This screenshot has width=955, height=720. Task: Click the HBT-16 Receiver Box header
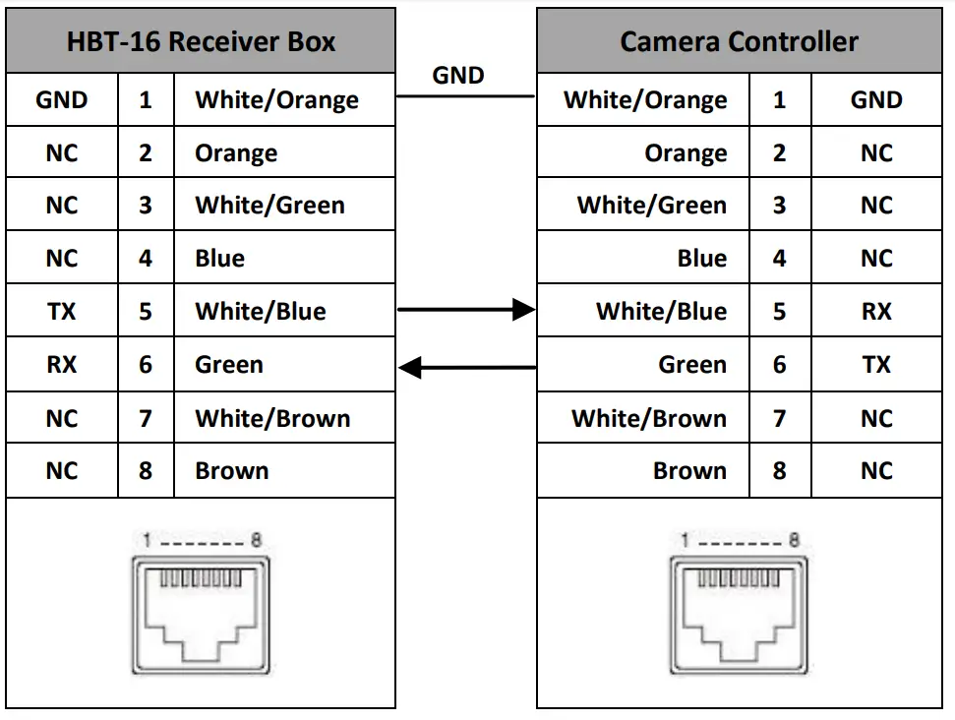coord(201,42)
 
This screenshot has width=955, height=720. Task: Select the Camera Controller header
coord(739,42)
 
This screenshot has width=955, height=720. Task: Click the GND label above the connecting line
coord(458,75)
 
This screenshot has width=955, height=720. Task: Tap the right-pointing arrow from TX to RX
coord(466,311)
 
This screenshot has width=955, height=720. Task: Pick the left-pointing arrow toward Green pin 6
coord(466,369)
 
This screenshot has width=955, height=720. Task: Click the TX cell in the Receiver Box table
coord(61,312)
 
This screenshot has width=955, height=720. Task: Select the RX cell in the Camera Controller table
coord(875,312)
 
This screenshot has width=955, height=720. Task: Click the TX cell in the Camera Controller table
coord(875,365)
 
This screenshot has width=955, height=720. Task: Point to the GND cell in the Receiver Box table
coord(61,100)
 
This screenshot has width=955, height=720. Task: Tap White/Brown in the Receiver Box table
coord(272,419)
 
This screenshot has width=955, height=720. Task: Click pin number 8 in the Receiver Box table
coord(146,471)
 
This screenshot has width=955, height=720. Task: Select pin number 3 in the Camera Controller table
coord(779,206)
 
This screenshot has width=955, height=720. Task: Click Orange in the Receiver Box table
coord(236,153)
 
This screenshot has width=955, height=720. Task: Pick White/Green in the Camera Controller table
coord(652,206)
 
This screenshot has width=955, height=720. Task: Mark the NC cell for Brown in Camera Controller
coord(875,471)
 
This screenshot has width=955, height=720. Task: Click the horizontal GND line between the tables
coord(465,96)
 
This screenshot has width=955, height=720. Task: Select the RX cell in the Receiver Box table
coord(61,365)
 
